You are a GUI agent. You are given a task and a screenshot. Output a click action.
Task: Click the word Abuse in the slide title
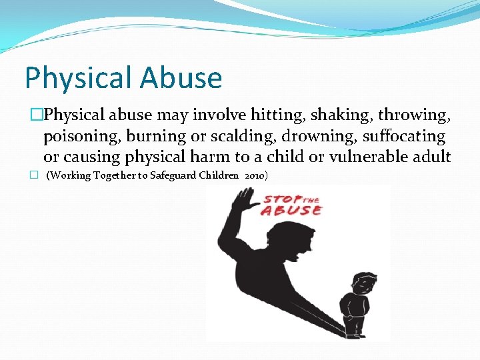181,77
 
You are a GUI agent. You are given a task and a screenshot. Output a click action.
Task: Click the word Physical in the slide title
79,79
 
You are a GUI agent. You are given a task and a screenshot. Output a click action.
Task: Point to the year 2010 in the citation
256,175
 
